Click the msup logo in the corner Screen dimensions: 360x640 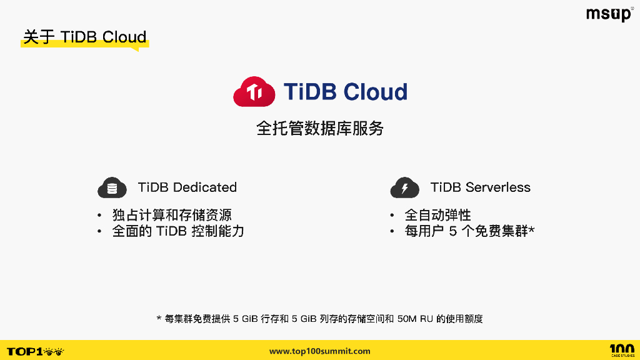pos(609,14)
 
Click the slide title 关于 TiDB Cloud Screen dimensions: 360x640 pos(84,37)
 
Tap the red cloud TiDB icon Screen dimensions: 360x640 pos(254,92)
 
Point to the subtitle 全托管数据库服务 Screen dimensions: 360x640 pos(319,129)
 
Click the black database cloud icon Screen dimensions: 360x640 pos(112,187)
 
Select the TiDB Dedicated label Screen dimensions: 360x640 pos(187,187)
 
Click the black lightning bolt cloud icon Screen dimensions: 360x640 pos(404,187)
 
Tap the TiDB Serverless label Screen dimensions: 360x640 pos(480,187)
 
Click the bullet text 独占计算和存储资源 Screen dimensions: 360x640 pos(172,215)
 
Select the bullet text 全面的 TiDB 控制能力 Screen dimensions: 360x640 pos(178,231)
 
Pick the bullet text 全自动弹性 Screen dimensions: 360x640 pos(437,215)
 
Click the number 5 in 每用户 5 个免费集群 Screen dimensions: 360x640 pos(453,231)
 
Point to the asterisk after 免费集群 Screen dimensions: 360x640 pos(531,230)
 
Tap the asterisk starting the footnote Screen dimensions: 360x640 pos(159,319)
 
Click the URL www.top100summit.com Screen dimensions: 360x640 pos(319,351)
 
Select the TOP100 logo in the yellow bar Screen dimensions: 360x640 pos(35,351)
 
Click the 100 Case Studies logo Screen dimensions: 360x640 pos(621,351)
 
